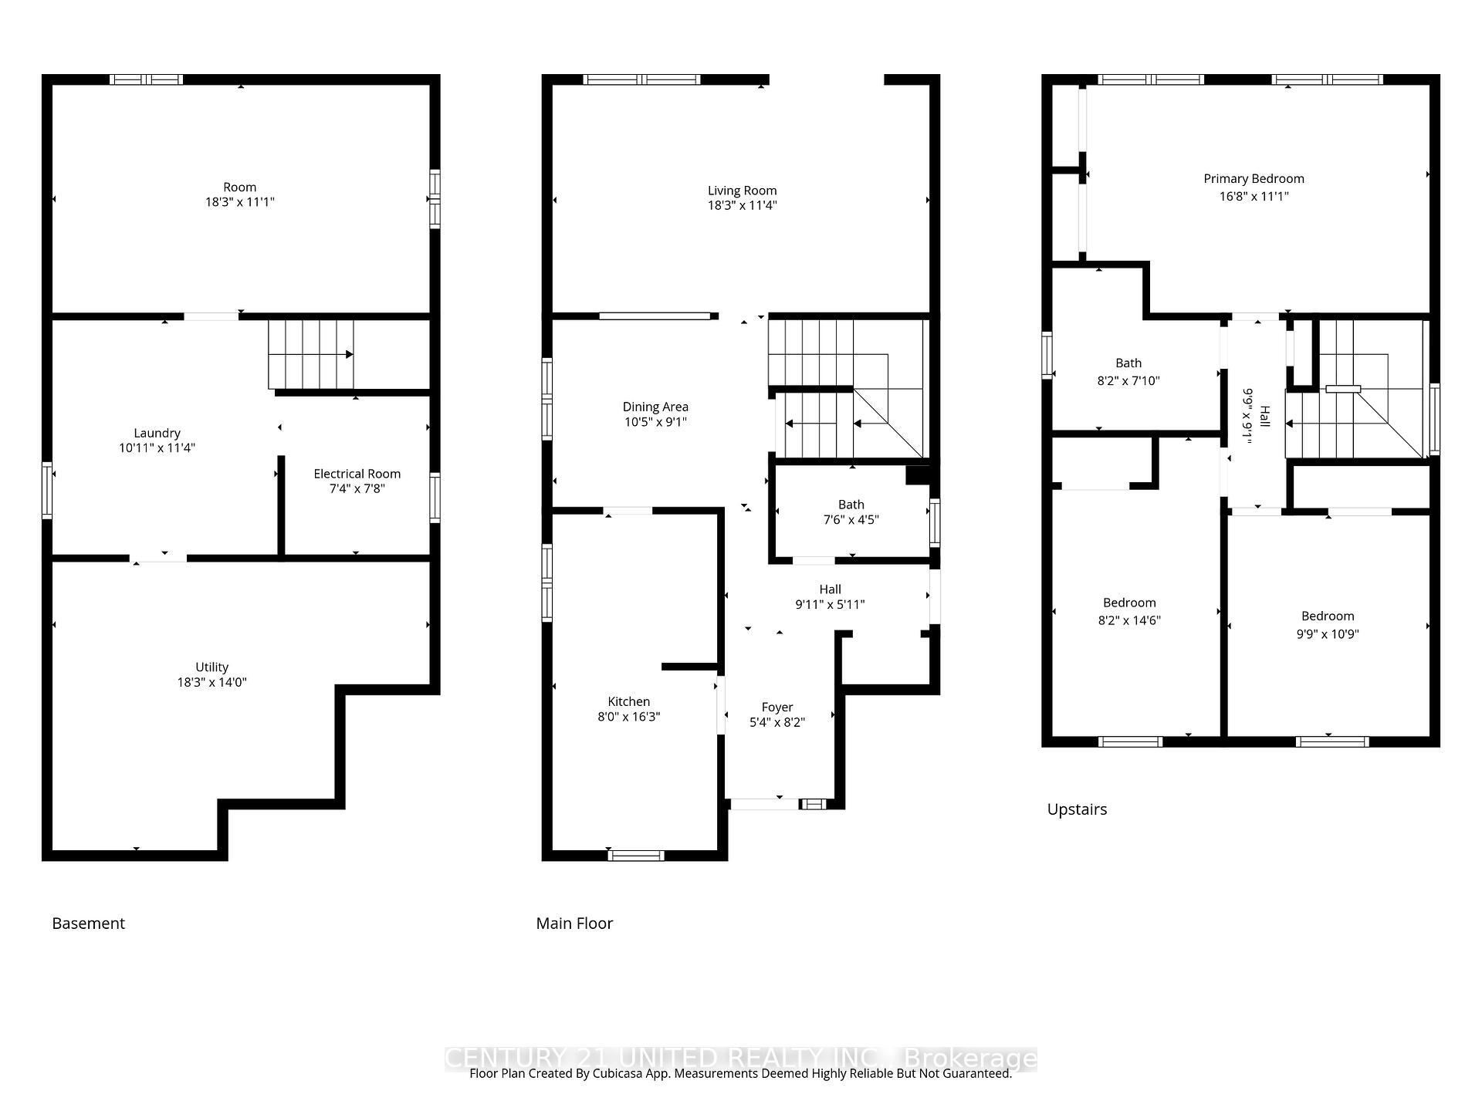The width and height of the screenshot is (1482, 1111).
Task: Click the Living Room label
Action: click(x=742, y=191)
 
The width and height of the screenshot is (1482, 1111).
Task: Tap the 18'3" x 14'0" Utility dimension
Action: click(x=211, y=682)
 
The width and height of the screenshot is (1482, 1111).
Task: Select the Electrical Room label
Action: click(x=357, y=474)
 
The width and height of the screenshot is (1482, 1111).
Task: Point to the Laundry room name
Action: click(x=157, y=433)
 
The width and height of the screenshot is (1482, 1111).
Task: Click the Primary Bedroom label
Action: click(x=1254, y=179)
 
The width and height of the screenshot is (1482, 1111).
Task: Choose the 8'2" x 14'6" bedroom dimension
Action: click(x=1129, y=620)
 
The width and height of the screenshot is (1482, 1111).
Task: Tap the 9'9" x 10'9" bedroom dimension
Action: click(x=1328, y=634)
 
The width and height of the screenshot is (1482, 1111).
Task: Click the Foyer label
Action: click(x=777, y=707)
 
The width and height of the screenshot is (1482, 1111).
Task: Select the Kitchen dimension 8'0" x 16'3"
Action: click(x=628, y=717)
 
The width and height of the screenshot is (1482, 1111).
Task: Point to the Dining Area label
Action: click(x=655, y=407)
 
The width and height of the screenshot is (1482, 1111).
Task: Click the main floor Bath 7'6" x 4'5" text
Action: click(x=851, y=512)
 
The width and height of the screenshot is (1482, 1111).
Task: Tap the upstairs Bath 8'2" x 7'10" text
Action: click(x=1128, y=372)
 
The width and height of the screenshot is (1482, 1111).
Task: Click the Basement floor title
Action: click(x=88, y=924)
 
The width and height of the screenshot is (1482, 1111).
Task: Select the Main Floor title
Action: click(x=574, y=924)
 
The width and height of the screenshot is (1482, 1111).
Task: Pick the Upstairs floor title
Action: click(x=1077, y=809)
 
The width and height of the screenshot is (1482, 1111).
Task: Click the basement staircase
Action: click(x=310, y=355)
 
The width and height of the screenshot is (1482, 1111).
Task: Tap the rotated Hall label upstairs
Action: click(x=1264, y=417)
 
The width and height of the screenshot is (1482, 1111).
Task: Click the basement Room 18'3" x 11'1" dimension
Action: click(x=239, y=202)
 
